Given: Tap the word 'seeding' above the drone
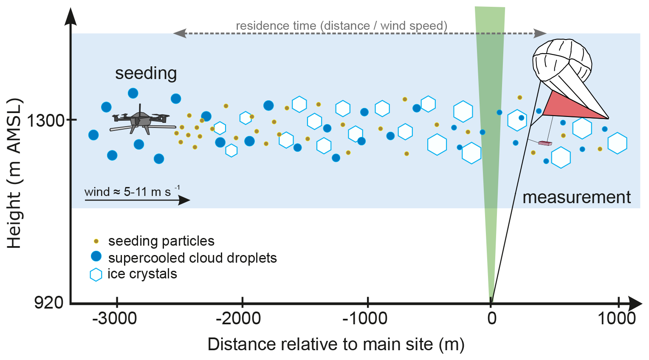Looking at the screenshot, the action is click(x=146, y=74).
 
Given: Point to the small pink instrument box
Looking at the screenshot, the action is click(x=545, y=143).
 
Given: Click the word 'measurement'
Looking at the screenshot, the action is click(x=576, y=198).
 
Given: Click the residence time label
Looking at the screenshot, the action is click(x=341, y=26).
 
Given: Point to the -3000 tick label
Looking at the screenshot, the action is click(x=114, y=318).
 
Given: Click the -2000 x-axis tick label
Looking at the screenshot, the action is click(x=238, y=318).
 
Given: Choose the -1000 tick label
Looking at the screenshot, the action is click(x=365, y=318).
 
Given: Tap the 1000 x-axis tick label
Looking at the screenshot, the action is click(x=617, y=318).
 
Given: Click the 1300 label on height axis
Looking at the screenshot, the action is click(x=45, y=120).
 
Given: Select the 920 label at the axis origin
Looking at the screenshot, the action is click(x=48, y=303).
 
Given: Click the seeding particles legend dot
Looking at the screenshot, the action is click(x=96, y=241).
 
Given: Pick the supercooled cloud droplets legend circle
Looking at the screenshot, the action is click(x=96, y=256).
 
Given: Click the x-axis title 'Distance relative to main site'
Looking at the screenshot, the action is click(x=320, y=344).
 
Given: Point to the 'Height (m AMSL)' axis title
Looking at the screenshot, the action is click(x=14, y=173).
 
